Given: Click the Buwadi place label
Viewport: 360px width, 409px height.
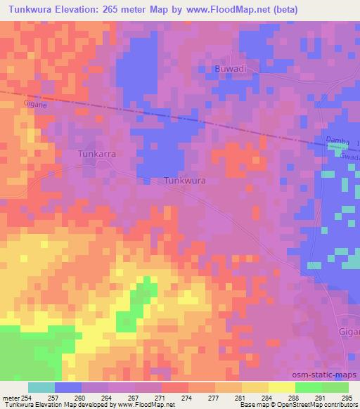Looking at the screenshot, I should [x=230, y=70].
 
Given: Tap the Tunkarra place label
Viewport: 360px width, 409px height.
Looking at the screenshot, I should [x=96, y=153].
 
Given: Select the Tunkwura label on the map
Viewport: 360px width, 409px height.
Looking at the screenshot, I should [x=184, y=181].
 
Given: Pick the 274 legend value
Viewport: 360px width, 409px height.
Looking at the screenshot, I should [x=186, y=398].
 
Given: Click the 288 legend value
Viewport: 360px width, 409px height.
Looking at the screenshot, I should [x=295, y=398].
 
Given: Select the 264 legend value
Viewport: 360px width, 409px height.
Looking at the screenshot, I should [x=105, y=398].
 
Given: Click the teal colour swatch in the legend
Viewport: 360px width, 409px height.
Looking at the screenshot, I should [x=41, y=387].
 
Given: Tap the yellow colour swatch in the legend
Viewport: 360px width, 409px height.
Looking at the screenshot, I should [x=281, y=387].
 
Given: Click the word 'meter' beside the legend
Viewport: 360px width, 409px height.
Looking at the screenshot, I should [x=10, y=398].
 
